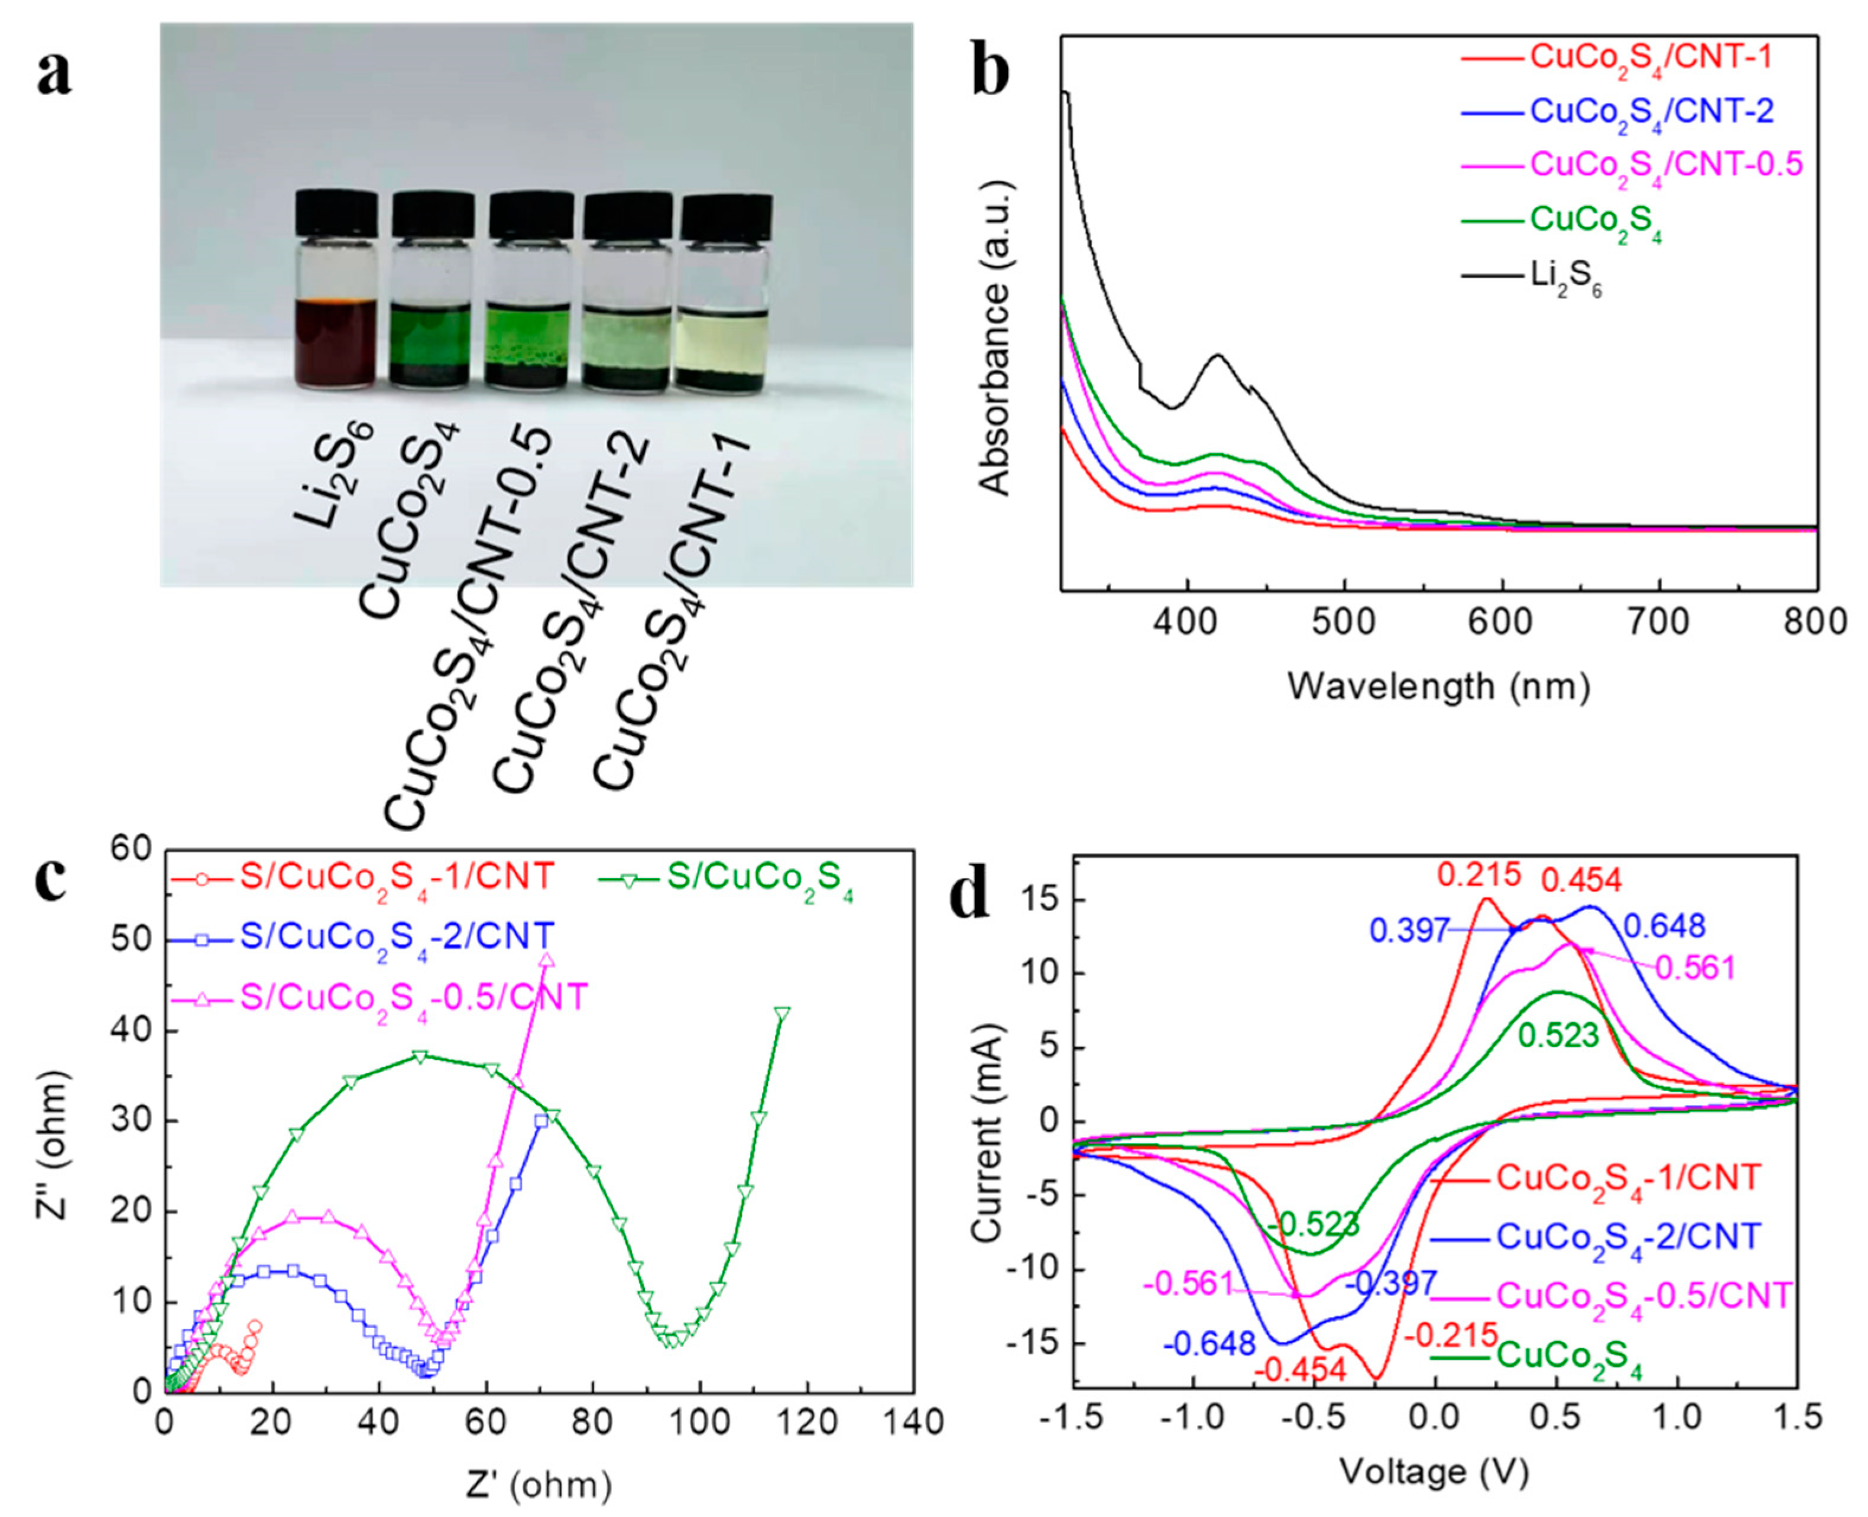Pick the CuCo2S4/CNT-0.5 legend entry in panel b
click(x=1665, y=165)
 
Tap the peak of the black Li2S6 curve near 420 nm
click(x=1217, y=355)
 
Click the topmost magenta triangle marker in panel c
click(x=547, y=960)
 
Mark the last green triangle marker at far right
click(x=782, y=1013)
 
